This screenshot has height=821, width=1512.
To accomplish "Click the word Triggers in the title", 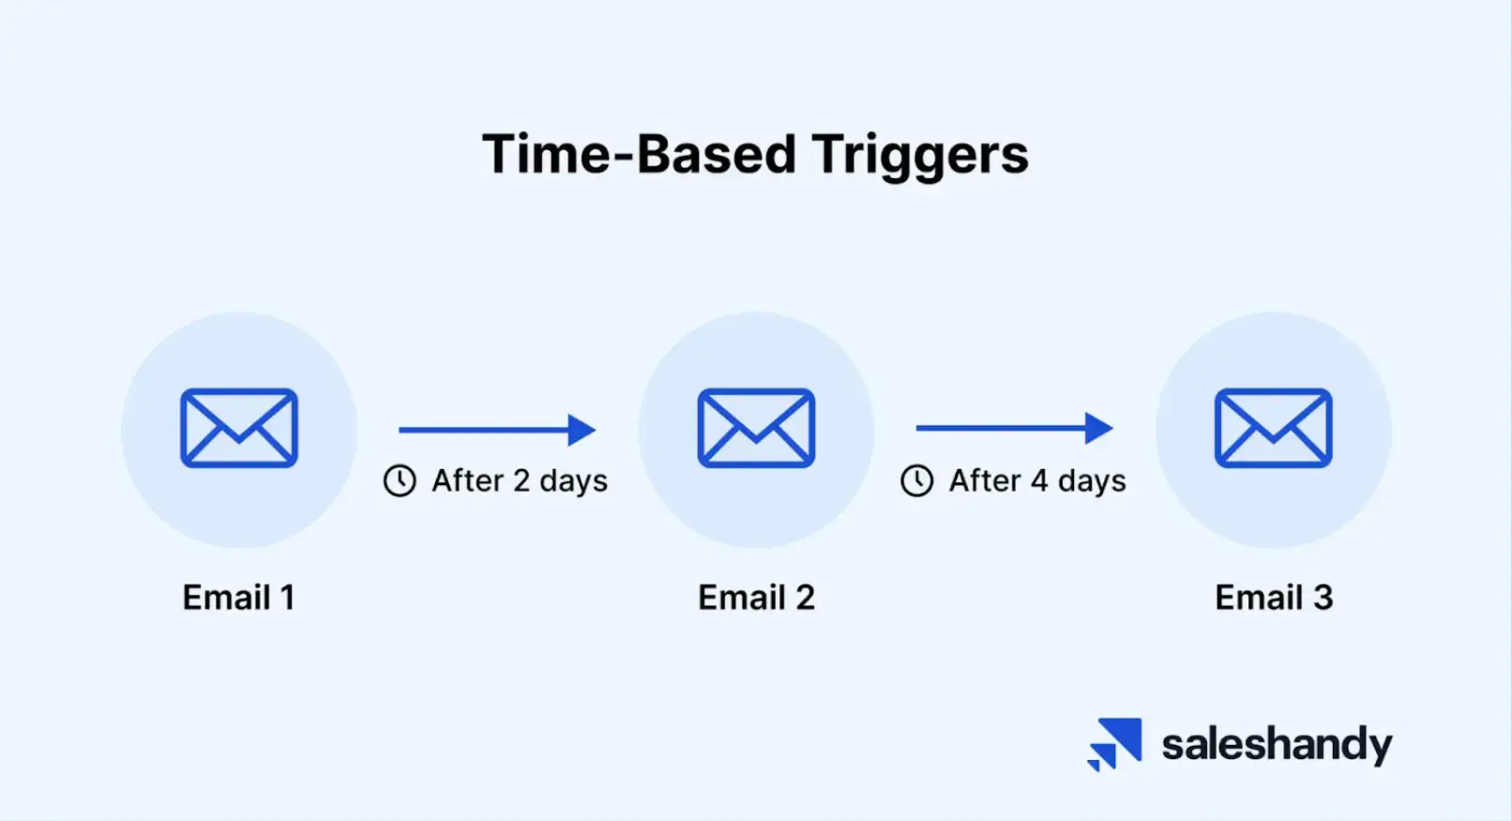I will (x=920, y=155).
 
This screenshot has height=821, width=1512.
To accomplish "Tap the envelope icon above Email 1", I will (x=239, y=428).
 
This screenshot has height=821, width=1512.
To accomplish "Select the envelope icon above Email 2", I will (x=756, y=428).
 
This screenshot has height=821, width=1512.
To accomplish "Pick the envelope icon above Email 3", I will (x=1273, y=428).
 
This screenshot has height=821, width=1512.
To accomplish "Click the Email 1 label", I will (x=238, y=598).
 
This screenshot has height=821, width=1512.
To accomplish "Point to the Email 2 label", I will (x=756, y=598).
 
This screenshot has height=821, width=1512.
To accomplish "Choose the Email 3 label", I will (x=1274, y=598).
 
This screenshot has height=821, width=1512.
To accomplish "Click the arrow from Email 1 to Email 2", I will (x=497, y=430).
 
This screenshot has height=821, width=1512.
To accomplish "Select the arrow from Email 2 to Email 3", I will (x=1014, y=428).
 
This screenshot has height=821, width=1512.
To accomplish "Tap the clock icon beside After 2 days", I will (x=400, y=480).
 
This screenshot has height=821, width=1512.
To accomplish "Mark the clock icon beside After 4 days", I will (x=916, y=480).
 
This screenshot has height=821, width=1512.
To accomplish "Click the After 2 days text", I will (x=519, y=480).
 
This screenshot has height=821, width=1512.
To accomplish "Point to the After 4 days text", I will (x=1036, y=480).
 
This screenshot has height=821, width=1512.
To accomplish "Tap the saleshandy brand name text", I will (x=1277, y=745).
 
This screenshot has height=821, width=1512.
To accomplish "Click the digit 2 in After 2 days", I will (x=522, y=480).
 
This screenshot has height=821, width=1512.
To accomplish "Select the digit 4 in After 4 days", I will (x=1039, y=480).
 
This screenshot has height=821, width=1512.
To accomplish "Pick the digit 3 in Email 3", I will (x=1323, y=598).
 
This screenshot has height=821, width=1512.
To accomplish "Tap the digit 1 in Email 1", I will (x=287, y=598).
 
